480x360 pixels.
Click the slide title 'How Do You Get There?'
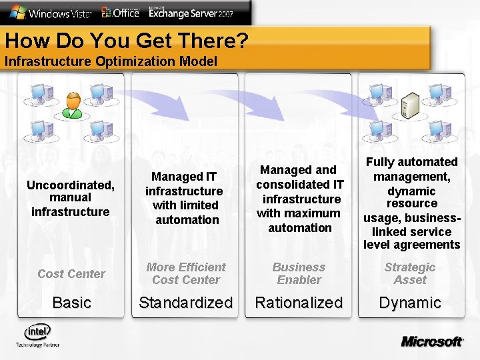tap(127, 41)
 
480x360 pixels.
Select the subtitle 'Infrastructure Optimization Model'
tap(111, 62)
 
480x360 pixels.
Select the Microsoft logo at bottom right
tap(431, 341)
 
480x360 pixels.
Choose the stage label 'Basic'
tap(71, 303)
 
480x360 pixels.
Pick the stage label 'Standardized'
tap(185, 303)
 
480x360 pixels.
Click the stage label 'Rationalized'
tap(299, 303)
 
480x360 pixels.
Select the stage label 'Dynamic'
tap(410, 303)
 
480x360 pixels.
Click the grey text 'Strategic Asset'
tap(410, 273)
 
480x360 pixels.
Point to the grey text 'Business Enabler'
tap(299, 273)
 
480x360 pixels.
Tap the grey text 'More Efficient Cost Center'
tap(185, 273)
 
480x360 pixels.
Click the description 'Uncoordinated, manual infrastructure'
tap(70, 197)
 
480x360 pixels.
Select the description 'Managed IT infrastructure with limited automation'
tap(185, 198)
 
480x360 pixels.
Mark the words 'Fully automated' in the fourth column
tap(412, 162)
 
